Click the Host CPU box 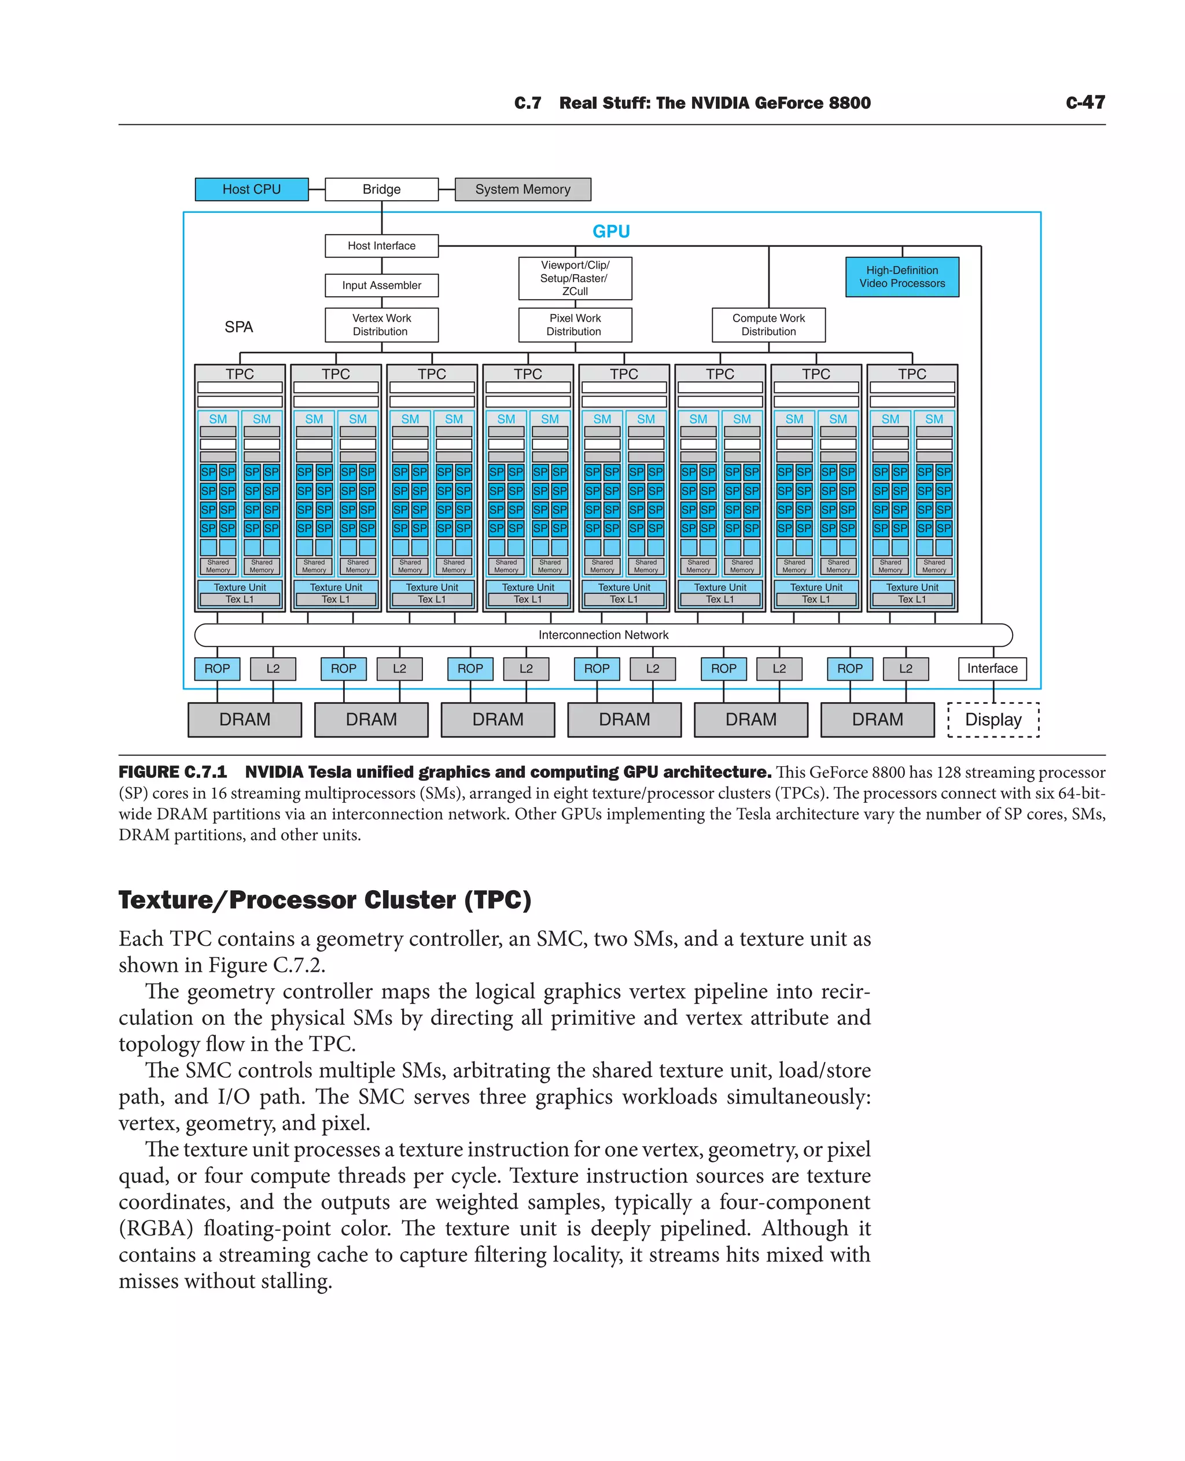coord(251,189)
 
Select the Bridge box coord(381,189)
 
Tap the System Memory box coord(523,189)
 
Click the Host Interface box coord(381,246)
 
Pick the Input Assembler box coord(381,285)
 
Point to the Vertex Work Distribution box coord(381,325)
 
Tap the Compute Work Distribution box coord(768,325)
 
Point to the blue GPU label coord(611,231)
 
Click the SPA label coord(239,327)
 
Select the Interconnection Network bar coord(603,634)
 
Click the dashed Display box coord(993,720)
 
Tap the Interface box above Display coord(992,668)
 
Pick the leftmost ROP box coord(217,668)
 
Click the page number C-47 coord(1085,102)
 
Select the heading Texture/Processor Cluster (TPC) coord(325,899)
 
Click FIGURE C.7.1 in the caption coord(172,772)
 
